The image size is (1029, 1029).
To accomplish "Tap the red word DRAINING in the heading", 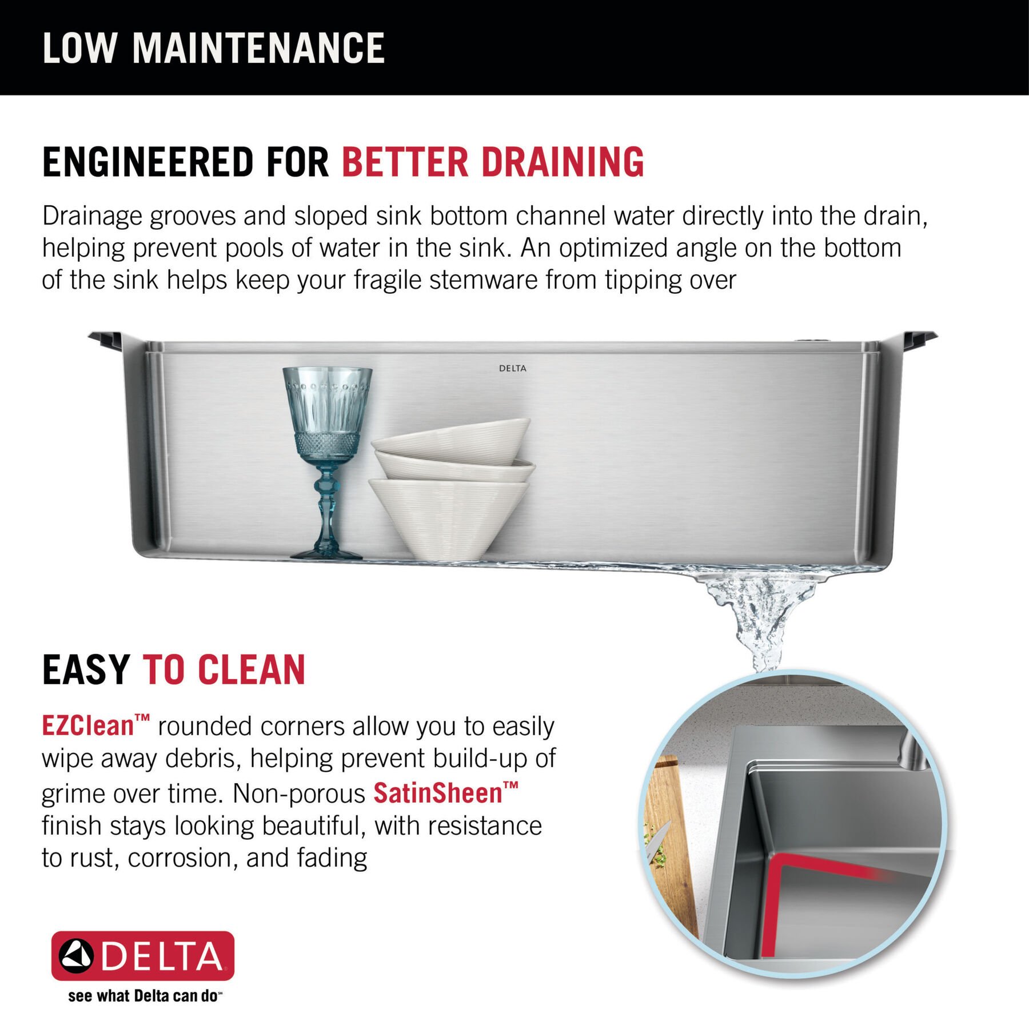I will click(563, 162).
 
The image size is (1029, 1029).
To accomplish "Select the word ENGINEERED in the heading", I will click(147, 162).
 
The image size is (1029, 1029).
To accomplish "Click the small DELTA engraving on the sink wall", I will click(512, 369).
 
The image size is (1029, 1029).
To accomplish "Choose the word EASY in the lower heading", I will click(86, 670).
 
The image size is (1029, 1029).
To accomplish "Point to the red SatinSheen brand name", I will click(438, 793).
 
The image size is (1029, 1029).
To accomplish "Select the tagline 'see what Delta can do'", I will click(143, 996).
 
